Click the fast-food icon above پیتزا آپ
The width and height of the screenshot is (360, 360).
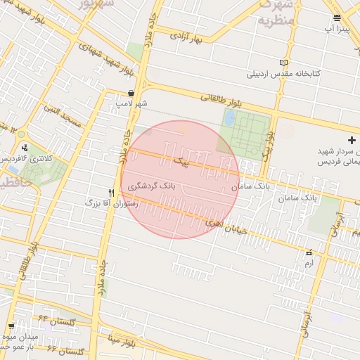[337, 18]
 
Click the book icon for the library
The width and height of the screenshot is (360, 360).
[283, 63]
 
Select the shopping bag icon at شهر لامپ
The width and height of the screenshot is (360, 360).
[131, 94]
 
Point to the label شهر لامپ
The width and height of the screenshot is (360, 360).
[131, 104]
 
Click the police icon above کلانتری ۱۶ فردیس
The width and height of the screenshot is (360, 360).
[26, 148]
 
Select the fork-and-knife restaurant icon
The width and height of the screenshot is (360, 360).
[111, 192]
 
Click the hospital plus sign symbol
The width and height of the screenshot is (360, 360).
[352, 141]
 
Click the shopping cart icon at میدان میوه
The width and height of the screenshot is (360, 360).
[12, 326]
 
